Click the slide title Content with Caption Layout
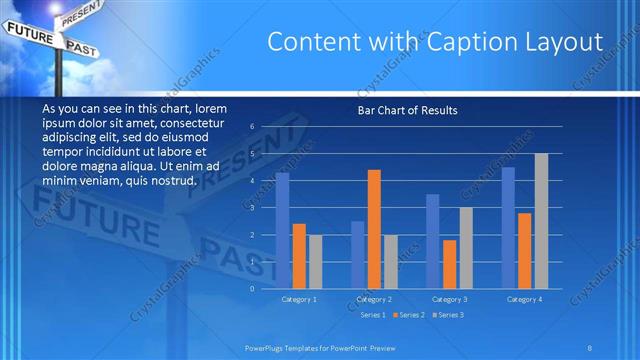point(435,42)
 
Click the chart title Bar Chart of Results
point(407,110)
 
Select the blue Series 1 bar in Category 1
point(283,230)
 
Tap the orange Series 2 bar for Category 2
point(374,229)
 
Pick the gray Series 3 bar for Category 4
point(541,221)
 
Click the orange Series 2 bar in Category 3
point(449,264)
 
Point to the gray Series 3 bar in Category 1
point(315,261)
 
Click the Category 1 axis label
point(299,299)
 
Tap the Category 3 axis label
point(449,299)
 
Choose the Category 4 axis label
point(524,299)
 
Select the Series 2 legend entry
point(411,315)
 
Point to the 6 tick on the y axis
point(253,127)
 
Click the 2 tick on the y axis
point(253,234)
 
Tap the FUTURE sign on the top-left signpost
point(29,33)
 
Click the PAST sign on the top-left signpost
point(81,46)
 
